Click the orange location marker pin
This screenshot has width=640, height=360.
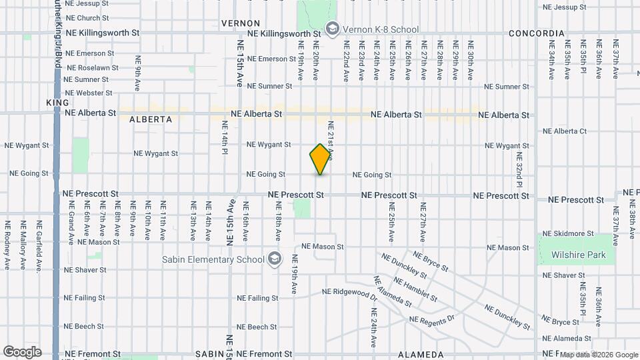coord(321,159)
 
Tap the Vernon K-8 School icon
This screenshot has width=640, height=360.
coord(331,29)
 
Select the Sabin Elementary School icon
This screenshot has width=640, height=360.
coord(274,259)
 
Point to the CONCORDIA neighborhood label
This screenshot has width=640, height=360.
coord(536,33)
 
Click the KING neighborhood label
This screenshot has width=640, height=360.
coord(53,103)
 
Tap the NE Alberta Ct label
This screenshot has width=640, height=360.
coord(565,131)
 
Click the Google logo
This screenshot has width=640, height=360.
coord(22,352)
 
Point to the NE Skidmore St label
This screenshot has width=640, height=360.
coord(568,234)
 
